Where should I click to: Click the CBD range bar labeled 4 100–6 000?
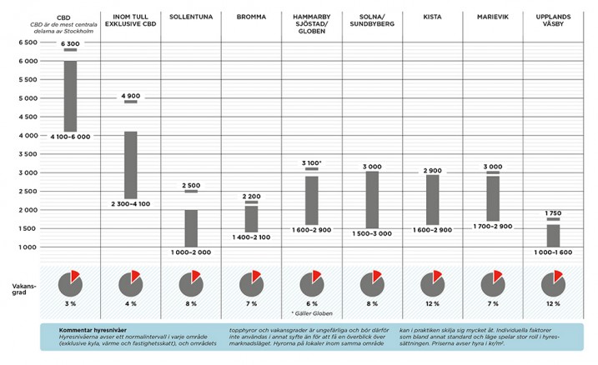tap(70, 95)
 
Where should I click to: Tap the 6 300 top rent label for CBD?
tap(70, 42)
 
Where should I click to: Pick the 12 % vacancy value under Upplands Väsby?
tap(552, 304)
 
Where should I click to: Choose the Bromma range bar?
tap(251, 218)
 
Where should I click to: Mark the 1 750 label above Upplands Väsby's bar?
tap(552, 214)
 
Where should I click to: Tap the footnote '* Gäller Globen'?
tap(312, 313)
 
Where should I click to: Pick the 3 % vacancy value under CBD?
tap(70, 304)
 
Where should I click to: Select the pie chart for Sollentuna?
tap(191, 282)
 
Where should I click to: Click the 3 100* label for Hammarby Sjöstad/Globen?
tap(312, 162)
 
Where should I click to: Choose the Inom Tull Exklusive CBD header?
tap(130, 20)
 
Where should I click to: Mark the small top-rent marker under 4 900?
tap(131, 102)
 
